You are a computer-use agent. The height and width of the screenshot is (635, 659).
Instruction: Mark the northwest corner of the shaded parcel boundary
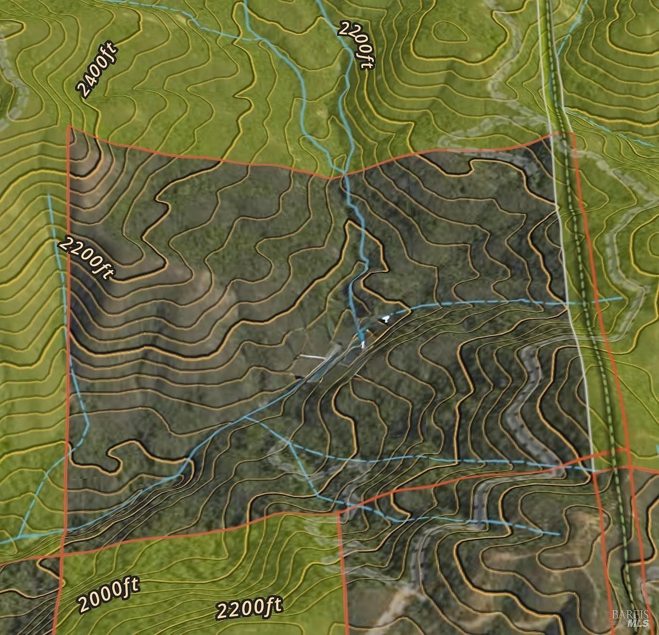pyautogui.click(x=69, y=126)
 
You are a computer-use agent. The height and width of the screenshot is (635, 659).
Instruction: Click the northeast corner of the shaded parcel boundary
pyautogui.click(x=572, y=133)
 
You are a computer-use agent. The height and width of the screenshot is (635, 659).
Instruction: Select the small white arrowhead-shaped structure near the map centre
pyautogui.click(x=385, y=317)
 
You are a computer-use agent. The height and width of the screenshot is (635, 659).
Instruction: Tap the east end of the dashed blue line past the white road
pyautogui.click(x=621, y=298)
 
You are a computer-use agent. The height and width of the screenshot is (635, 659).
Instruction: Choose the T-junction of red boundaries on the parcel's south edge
pyautogui.click(x=339, y=511)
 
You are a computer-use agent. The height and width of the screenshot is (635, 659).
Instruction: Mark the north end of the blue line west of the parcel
pyautogui.click(x=49, y=195)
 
